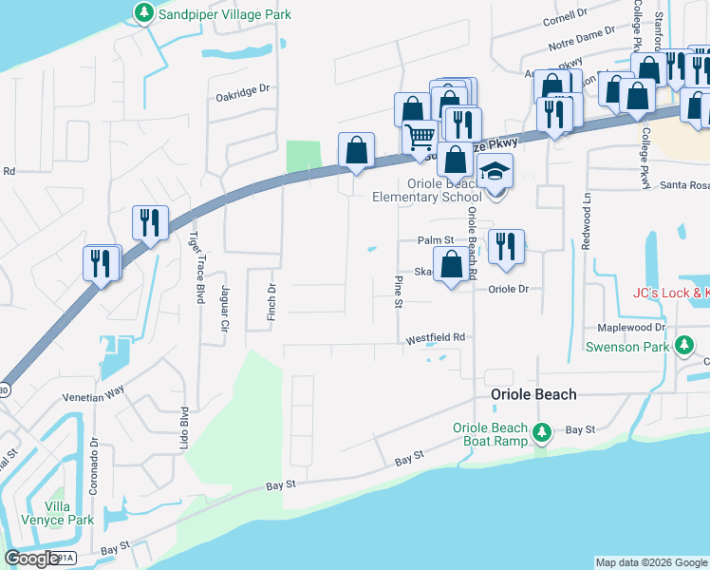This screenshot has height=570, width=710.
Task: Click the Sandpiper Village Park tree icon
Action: click(143, 13)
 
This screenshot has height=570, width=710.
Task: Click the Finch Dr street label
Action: click(271, 299)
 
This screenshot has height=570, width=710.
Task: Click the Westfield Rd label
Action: click(436, 337)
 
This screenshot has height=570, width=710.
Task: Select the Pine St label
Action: click(399, 292)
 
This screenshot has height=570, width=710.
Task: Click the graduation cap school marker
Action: click(495, 174)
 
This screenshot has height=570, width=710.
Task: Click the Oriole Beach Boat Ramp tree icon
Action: click(542, 432)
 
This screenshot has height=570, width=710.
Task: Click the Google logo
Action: click(32, 559)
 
